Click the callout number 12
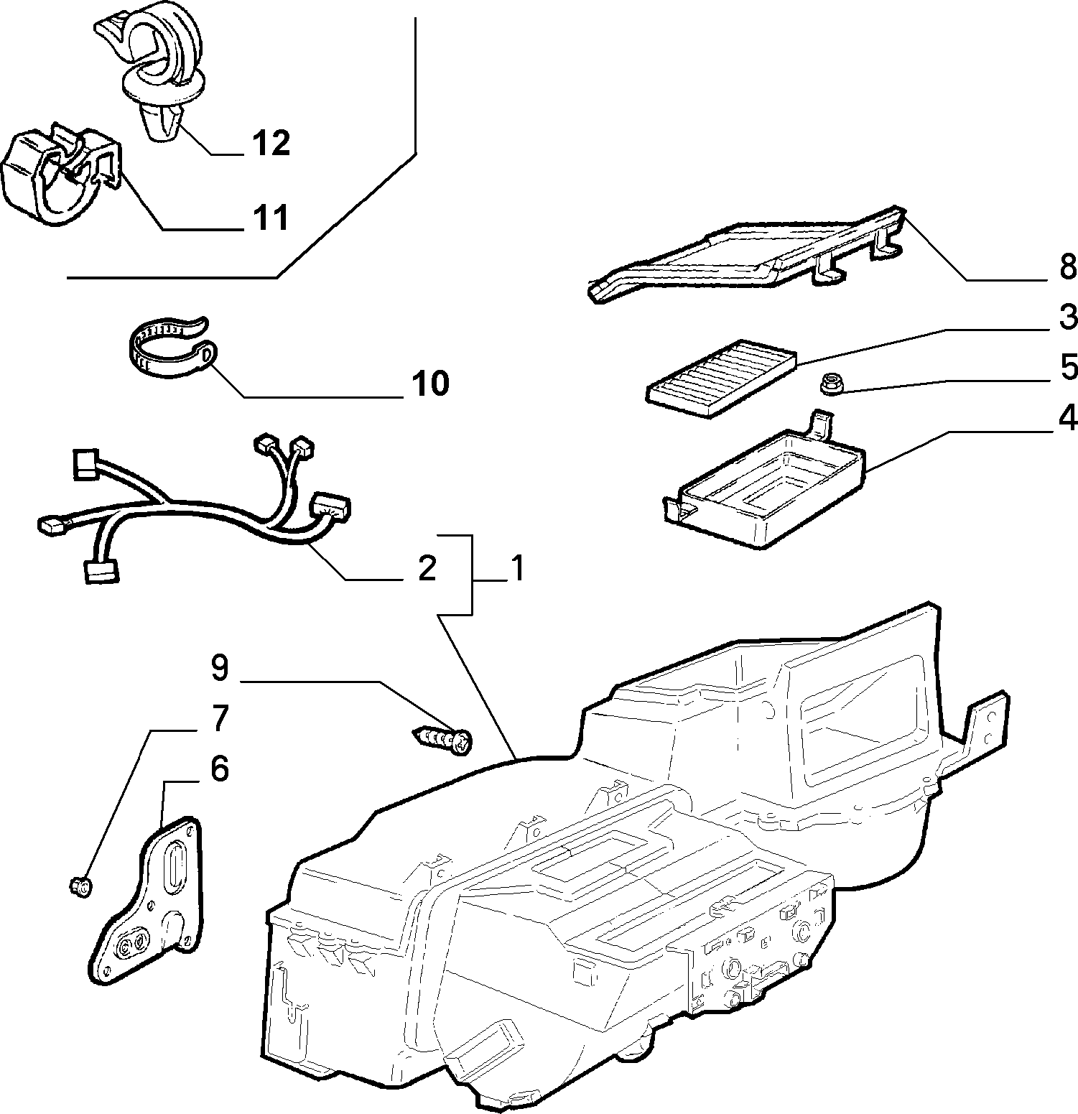tap(270, 143)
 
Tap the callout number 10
tap(430, 384)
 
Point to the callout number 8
tap(1067, 266)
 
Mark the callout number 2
tap(427, 568)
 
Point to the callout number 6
tap(219, 769)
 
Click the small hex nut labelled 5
tap(831, 386)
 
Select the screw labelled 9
tap(443, 738)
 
